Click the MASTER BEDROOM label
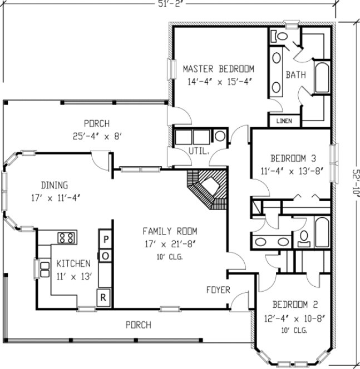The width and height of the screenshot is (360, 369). pyautogui.click(x=218, y=69)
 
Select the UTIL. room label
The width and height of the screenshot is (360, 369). pyautogui.click(x=200, y=151)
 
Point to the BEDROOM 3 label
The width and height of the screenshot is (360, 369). pyautogui.click(x=294, y=157)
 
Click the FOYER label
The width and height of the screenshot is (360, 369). pyautogui.click(x=219, y=290)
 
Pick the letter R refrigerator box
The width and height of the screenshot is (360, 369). pyautogui.click(x=103, y=297)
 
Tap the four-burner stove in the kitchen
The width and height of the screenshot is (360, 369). pyautogui.click(x=67, y=238)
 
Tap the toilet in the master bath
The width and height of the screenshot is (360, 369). pyautogui.click(x=280, y=36)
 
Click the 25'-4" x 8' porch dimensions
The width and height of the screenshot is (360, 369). pyautogui.click(x=96, y=134)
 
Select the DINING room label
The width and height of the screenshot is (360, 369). pyautogui.click(x=54, y=185)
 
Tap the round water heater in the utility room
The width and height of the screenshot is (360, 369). pyautogui.click(x=220, y=136)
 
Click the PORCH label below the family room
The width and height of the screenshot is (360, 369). pyautogui.click(x=137, y=325)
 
